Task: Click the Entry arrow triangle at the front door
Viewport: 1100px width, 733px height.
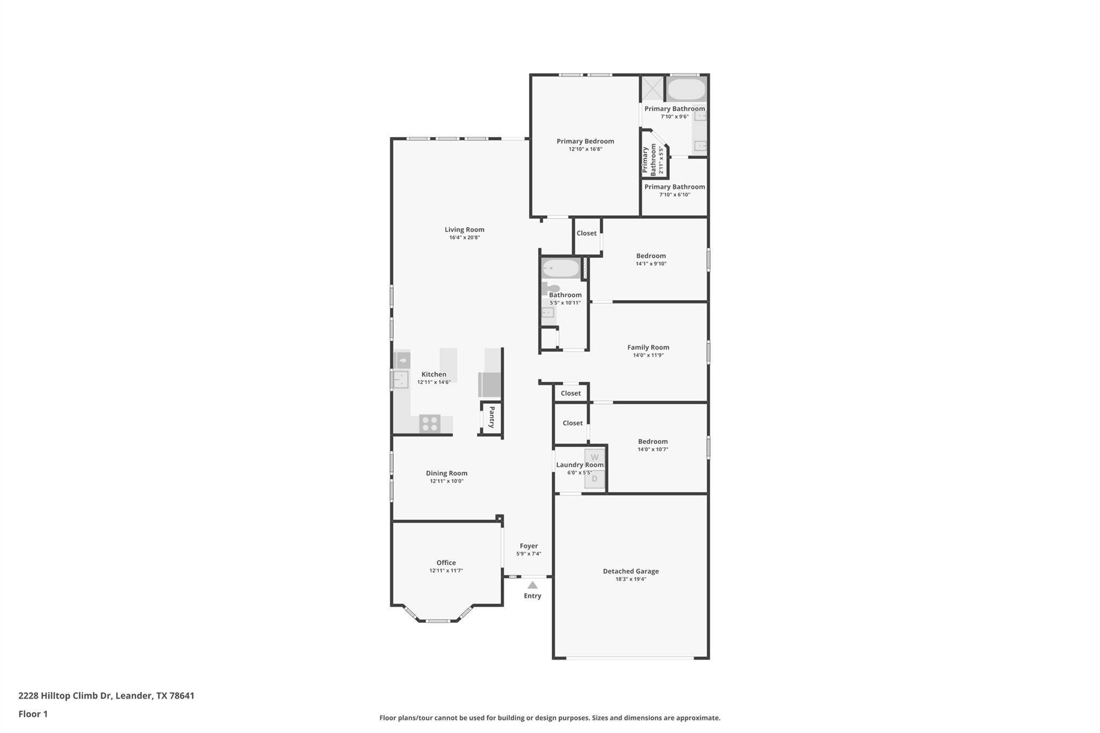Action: [532, 585]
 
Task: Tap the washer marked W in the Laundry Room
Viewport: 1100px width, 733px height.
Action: [595, 458]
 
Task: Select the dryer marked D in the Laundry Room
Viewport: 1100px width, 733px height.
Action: [595, 478]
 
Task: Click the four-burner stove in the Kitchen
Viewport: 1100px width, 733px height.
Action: [430, 423]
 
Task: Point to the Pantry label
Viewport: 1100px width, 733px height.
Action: [491, 417]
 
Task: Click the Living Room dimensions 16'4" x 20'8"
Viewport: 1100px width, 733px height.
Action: [465, 237]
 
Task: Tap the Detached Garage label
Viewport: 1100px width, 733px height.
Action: [631, 571]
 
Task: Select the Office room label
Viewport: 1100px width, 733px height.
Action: [446, 563]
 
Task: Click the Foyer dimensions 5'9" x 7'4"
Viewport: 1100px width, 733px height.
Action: [529, 554]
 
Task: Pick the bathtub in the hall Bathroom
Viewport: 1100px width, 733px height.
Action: [561, 268]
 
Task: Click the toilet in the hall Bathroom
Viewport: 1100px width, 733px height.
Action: [550, 288]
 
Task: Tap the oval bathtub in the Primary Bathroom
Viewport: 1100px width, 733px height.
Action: [686, 89]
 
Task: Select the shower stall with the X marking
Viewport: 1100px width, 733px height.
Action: [653, 89]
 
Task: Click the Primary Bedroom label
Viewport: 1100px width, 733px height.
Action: [585, 141]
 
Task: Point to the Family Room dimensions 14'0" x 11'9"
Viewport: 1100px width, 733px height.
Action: [648, 355]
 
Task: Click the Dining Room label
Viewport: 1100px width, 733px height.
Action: [447, 473]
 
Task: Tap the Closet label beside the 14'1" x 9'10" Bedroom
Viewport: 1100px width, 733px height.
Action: [587, 233]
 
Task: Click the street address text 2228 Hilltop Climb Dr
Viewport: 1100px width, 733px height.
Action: [65, 696]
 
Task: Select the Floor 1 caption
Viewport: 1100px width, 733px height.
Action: [33, 714]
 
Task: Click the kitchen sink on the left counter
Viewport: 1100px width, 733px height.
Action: [401, 380]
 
